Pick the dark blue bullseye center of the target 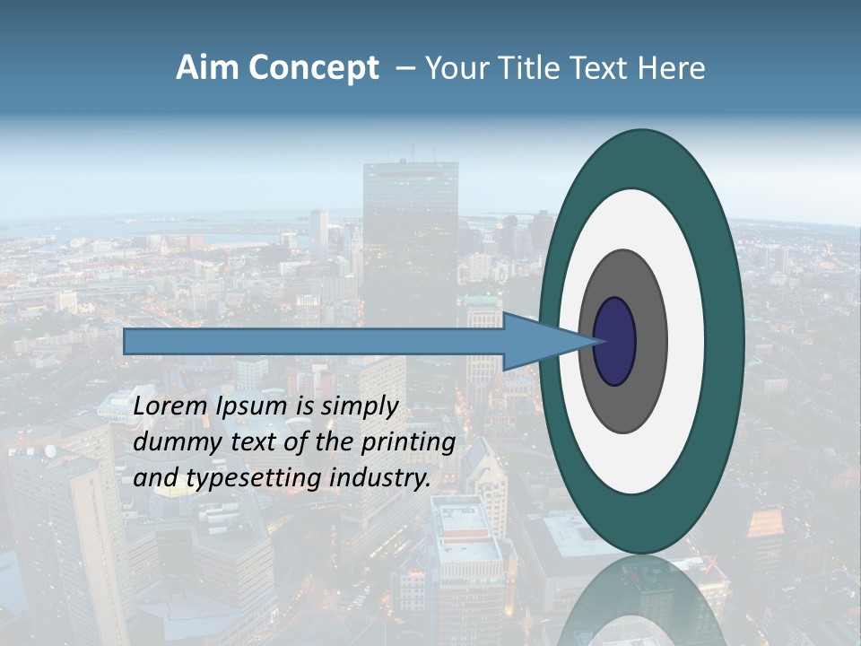tap(614, 341)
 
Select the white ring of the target tap(686, 341)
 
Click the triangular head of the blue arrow tap(534, 341)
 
